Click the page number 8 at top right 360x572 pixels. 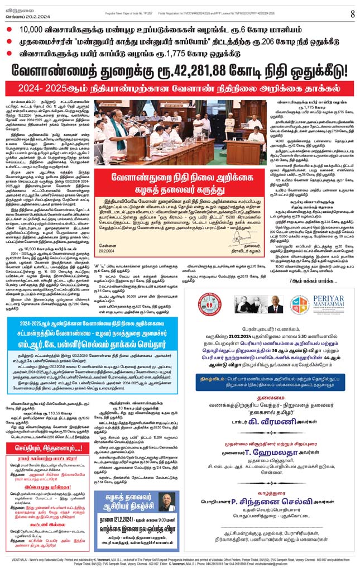coord(352,13)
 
